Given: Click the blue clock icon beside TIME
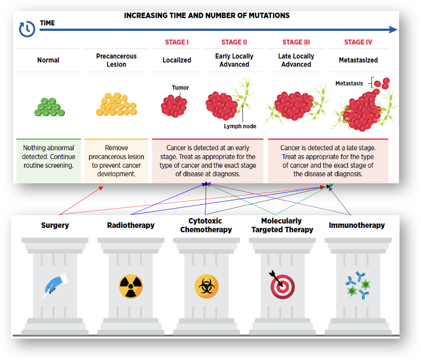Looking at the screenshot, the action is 27,29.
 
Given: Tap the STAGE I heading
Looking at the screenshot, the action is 177,42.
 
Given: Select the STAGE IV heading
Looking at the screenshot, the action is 358,42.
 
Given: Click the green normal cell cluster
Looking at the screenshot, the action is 50,107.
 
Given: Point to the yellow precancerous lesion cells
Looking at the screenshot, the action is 116,104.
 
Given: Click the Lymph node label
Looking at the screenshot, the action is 240,126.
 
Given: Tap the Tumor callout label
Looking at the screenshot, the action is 180,88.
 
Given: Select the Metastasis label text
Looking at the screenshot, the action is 349,84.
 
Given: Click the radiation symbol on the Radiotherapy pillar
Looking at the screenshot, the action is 131,286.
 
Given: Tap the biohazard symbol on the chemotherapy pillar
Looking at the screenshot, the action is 207,286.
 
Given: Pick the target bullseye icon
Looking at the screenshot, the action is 282,286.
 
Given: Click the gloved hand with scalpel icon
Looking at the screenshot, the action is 55,286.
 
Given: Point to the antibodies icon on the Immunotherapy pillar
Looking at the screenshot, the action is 358,286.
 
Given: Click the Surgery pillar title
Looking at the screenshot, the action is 55,225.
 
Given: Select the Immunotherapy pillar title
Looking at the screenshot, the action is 357,225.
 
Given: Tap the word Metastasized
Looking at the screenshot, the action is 358,60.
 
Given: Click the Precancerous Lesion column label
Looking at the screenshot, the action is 116,60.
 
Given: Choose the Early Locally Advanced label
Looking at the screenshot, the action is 234,60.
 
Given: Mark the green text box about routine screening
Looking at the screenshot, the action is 48,161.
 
